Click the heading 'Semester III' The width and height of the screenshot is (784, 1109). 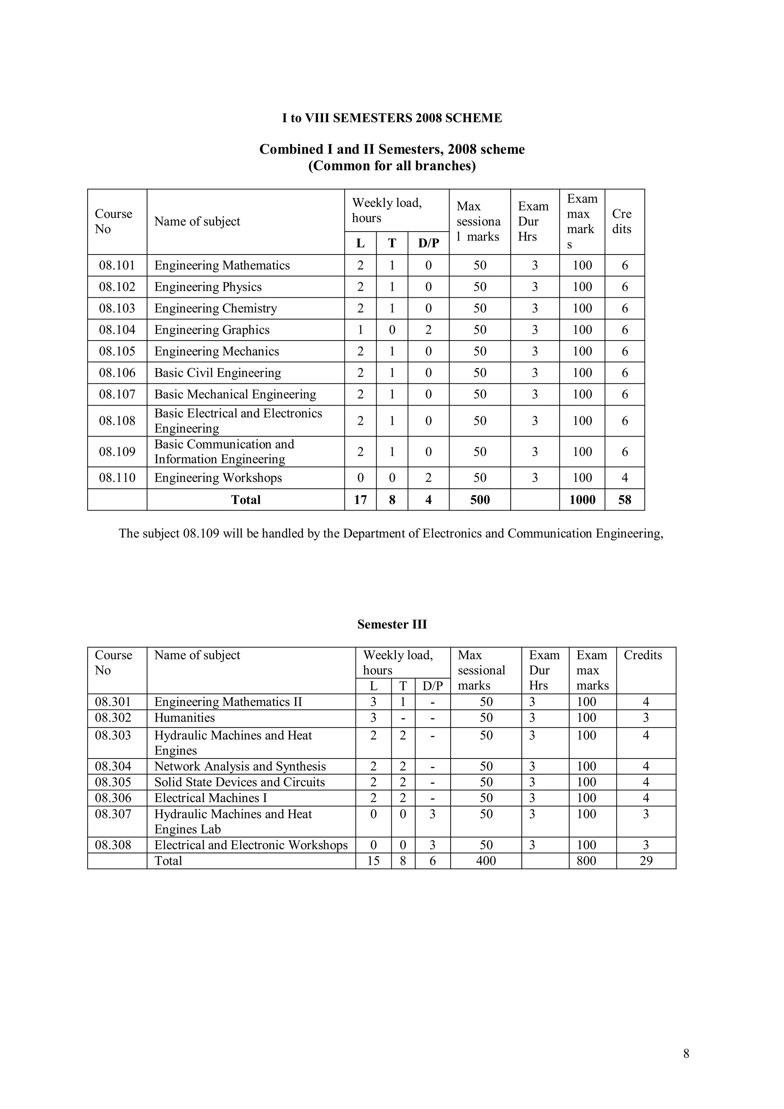pyautogui.click(x=392, y=625)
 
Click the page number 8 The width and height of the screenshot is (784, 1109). pyautogui.click(x=686, y=1054)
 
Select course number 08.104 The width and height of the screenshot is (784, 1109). pyautogui.click(x=117, y=330)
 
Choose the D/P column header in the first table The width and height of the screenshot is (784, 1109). pyautogui.click(x=428, y=243)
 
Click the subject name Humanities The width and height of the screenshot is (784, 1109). pyautogui.click(x=185, y=718)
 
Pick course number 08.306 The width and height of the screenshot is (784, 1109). pyautogui.click(x=113, y=798)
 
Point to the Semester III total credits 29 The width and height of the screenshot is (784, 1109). pyautogui.click(x=645, y=861)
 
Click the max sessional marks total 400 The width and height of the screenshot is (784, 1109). pyautogui.click(x=485, y=861)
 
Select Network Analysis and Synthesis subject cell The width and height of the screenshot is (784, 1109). pyautogui.click(x=240, y=767)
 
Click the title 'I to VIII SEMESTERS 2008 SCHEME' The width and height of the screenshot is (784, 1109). pyautogui.click(x=392, y=118)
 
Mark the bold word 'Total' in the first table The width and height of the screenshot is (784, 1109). pyautogui.click(x=245, y=499)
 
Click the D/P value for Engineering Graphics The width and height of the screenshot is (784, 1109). pyautogui.click(x=428, y=330)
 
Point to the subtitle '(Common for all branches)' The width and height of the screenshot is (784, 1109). pyautogui.click(x=392, y=166)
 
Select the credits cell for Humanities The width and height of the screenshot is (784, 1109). pyautogui.click(x=645, y=718)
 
